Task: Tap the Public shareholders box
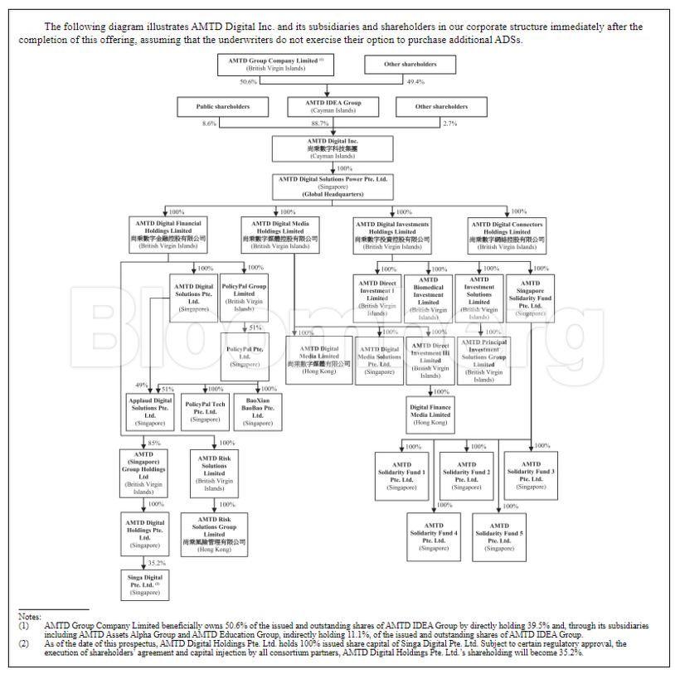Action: point(222,106)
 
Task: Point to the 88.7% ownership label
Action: point(318,124)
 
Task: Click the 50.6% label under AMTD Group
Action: point(249,82)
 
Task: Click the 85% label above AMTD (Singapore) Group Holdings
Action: point(154,442)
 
